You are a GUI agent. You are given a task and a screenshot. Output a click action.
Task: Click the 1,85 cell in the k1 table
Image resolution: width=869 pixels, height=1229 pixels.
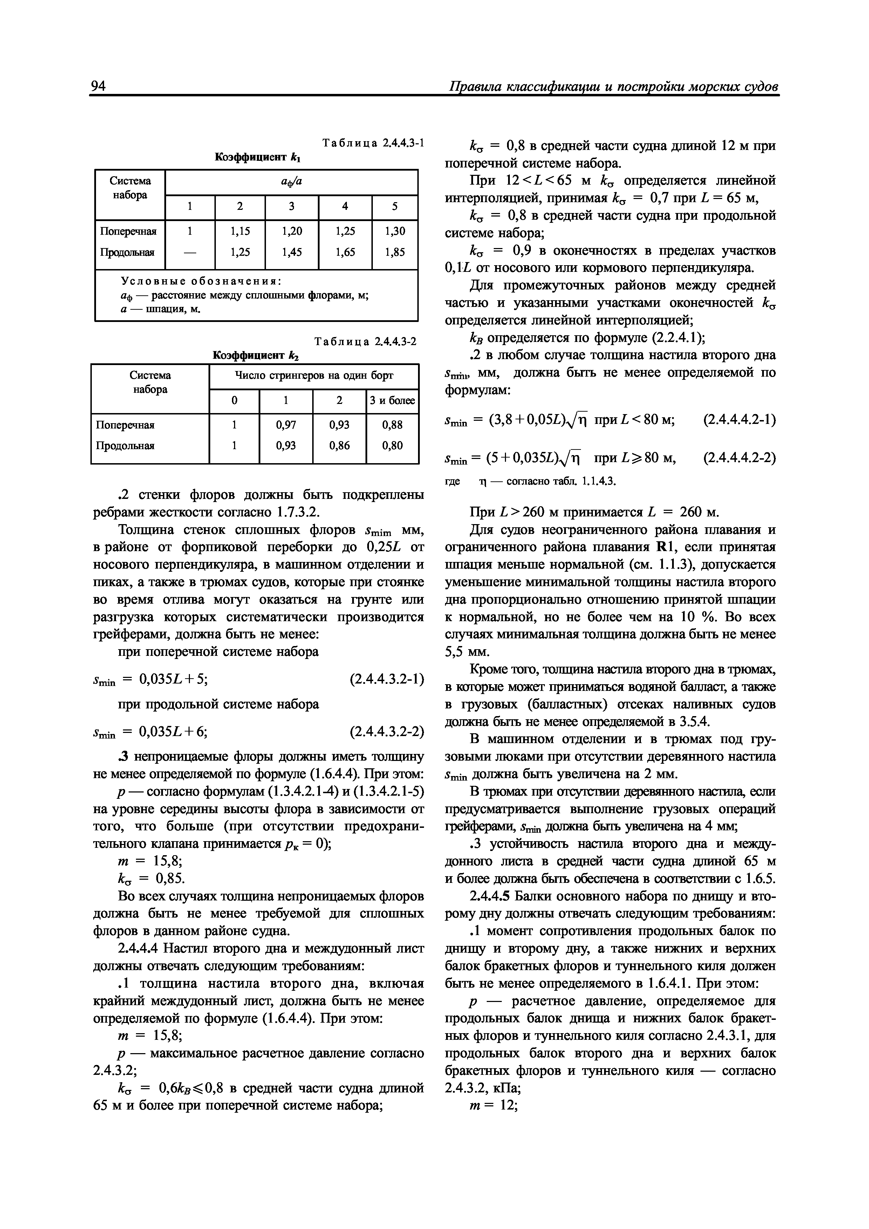point(395,252)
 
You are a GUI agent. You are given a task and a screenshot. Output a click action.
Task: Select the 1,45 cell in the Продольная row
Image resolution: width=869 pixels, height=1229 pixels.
point(292,252)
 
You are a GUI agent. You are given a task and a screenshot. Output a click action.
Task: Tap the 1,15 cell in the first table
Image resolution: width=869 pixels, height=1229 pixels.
point(240,231)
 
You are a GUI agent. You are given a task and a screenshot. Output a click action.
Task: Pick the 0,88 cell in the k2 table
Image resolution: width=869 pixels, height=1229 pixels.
point(392,425)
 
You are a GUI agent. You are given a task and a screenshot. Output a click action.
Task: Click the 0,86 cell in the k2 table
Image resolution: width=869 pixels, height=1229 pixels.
point(340,445)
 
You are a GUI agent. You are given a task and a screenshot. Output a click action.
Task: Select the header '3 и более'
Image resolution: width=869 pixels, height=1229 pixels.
point(392,400)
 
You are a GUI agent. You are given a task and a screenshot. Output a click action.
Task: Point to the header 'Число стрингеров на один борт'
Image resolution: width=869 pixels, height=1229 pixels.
point(314,376)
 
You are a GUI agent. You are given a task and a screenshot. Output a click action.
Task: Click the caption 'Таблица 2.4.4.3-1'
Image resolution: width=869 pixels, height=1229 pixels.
point(373,143)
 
